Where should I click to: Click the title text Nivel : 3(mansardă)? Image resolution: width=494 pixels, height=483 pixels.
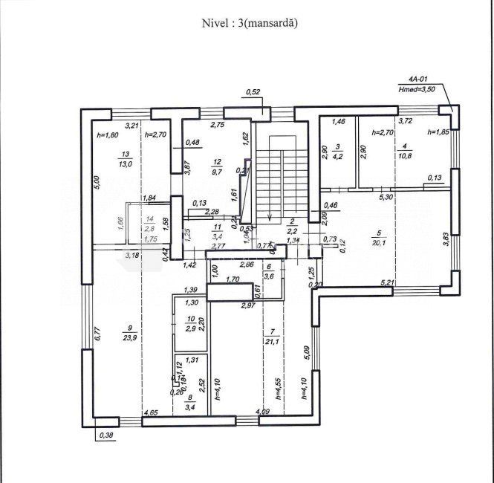pos(249,23)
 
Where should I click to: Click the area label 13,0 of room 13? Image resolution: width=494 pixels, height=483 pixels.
pos(124,164)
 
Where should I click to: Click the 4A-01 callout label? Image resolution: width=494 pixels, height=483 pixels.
pos(419,78)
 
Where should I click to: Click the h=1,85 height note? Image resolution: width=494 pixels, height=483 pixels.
pos(439,132)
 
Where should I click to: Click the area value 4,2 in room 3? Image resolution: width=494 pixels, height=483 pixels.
pos(337,157)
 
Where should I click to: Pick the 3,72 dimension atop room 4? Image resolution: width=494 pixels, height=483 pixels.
pos(406,120)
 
